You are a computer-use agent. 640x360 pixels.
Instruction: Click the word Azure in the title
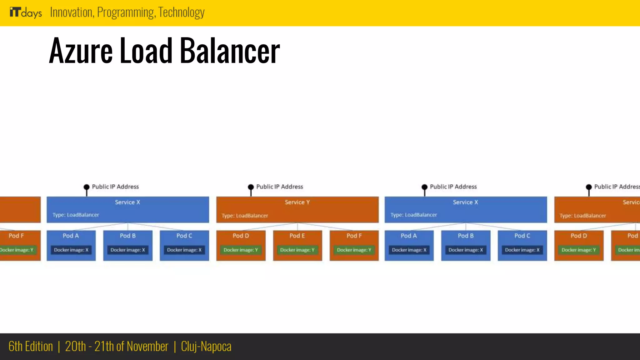[81, 51]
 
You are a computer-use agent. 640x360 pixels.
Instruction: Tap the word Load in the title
[146, 51]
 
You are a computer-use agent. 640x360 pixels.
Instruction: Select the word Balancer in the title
[230, 51]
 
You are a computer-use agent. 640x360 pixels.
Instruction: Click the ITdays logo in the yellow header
[26, 12]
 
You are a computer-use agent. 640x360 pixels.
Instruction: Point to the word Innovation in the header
[72, 12]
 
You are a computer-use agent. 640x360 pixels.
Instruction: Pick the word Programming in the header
[126, 12]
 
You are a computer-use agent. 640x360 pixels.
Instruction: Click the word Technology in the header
[181, 12]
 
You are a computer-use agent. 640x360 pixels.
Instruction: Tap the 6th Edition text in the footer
[31, 347]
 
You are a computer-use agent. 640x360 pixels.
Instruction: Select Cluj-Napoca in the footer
[206, 347]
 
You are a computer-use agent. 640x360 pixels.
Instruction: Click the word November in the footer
[147, 347]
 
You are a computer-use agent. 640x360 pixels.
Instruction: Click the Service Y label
[297, 202]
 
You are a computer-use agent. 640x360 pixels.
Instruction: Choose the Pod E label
[297, 236]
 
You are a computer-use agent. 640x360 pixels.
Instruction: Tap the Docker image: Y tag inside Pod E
[297, 250]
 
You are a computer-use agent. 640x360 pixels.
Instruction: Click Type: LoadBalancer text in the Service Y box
[245, 216]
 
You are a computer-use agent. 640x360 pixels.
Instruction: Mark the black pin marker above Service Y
[251, 187]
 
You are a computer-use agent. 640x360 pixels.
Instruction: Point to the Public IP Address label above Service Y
[280, 187]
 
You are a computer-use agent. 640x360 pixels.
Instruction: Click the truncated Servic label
[631, 202]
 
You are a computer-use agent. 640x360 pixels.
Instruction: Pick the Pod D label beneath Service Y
[241, 236]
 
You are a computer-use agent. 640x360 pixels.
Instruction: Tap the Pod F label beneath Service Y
[354, 236]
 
